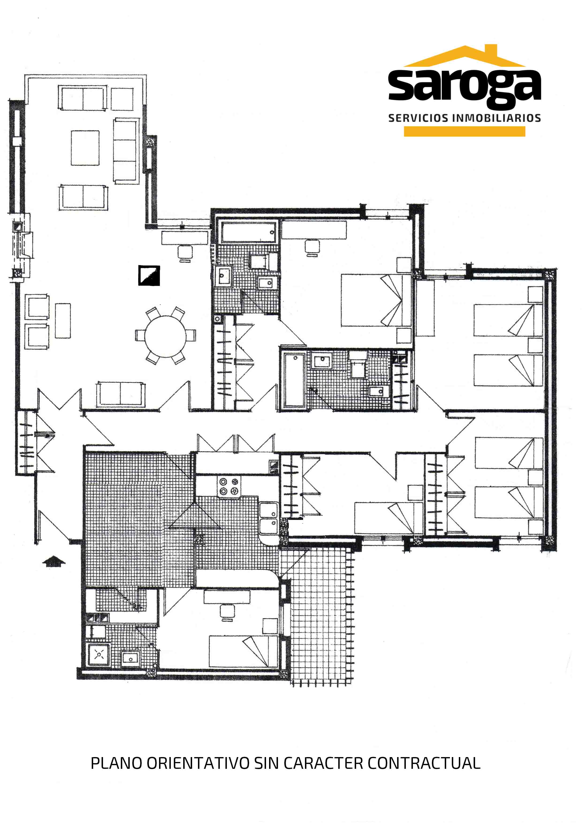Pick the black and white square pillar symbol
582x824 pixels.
point(149,275)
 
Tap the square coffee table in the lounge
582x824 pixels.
point(85,148)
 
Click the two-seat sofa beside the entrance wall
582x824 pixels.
point(121,394)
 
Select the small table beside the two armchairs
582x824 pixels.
point(63,321)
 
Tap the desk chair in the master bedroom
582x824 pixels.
point(312,248)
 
